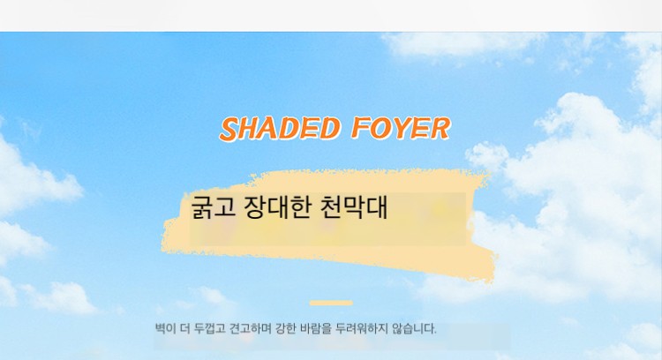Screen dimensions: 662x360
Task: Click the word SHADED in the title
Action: (280, 128)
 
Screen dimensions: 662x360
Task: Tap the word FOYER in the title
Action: (401, 128)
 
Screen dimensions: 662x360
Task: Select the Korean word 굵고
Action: (214, 206)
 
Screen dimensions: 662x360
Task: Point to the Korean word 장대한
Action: (277, 206)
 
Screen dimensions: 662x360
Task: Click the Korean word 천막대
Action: (354, 206)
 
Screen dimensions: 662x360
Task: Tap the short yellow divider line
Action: (331, 303)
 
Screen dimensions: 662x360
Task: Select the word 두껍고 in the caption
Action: (210, 328)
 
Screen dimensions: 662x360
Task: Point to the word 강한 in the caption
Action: (285, 328)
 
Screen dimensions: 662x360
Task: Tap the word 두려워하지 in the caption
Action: (361, 328)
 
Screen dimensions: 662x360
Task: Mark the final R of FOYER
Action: (440, 129)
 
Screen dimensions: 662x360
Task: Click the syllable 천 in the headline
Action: (331, 206)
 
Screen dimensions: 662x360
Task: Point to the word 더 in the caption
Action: (185, 328)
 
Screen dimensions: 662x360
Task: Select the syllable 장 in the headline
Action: (254, 206)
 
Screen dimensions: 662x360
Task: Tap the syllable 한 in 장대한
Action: (300, 206)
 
